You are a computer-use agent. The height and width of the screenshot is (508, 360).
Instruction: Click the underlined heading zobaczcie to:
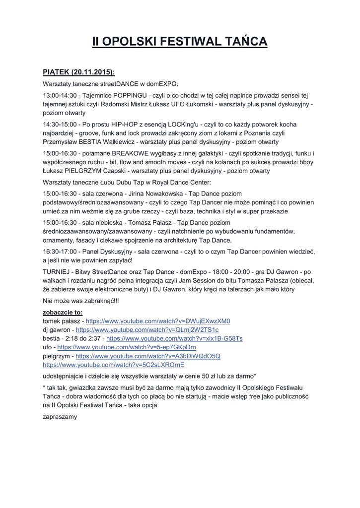point(63,313)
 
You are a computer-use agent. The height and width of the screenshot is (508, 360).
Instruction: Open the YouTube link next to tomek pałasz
point(158,321)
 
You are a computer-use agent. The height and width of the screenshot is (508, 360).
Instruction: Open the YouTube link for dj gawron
point(147,329)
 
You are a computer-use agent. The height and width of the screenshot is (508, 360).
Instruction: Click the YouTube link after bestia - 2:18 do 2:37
point(174,338)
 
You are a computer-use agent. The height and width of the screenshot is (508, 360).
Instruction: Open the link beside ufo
point(127,347)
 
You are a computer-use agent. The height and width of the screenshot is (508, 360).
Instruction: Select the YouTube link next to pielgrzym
point(148,356)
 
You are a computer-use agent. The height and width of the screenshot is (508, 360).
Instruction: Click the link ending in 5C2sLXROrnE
point(114,365)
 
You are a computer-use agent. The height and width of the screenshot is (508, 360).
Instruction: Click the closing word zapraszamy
point(60,417)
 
